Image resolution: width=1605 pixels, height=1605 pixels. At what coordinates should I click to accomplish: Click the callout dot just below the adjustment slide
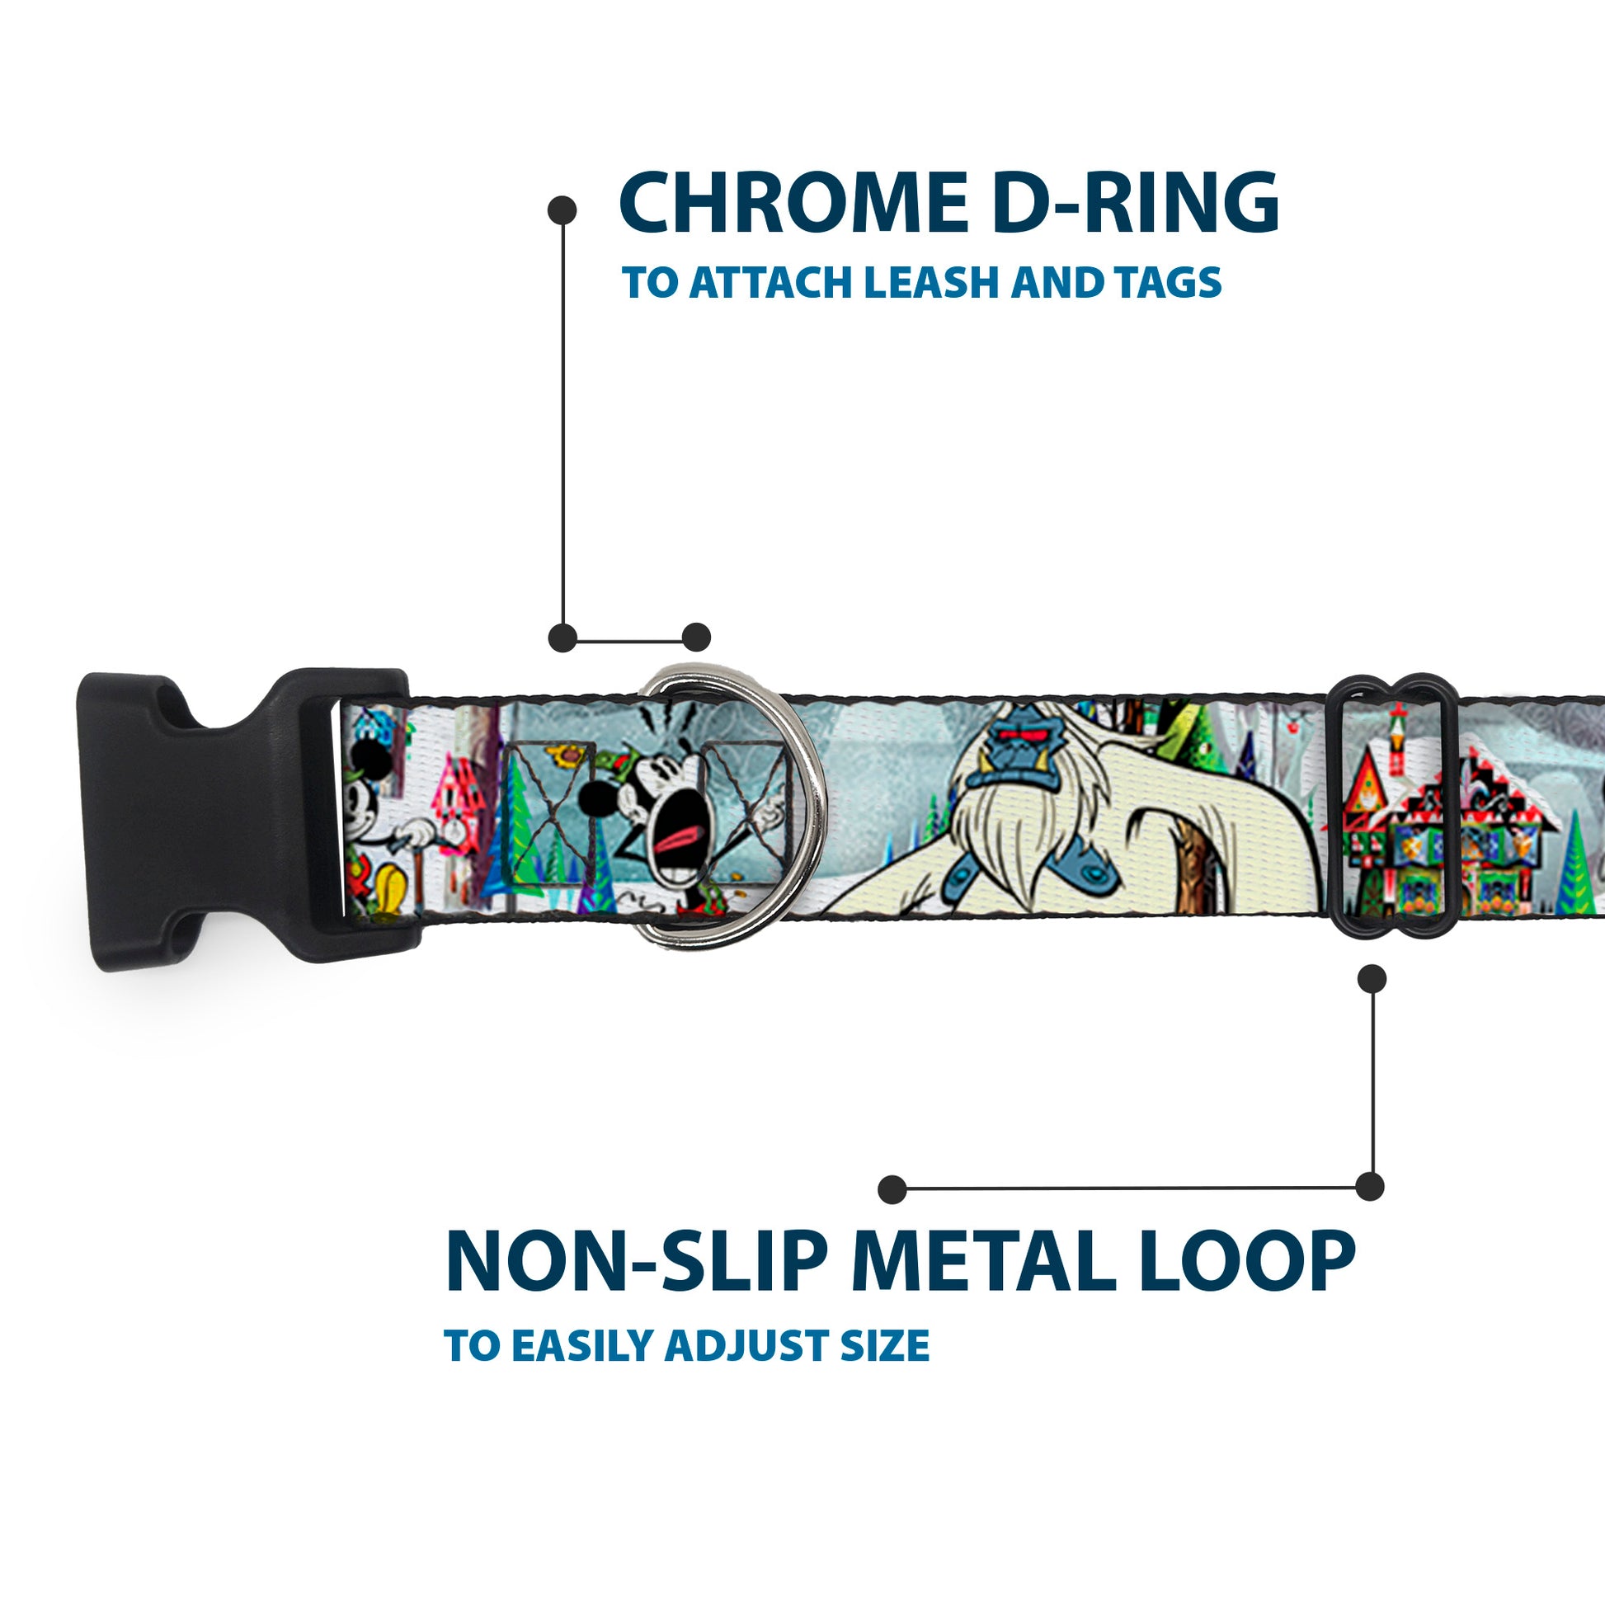click(1372, 979)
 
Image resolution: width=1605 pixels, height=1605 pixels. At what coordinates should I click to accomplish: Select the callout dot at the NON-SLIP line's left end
click(892, 1188)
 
